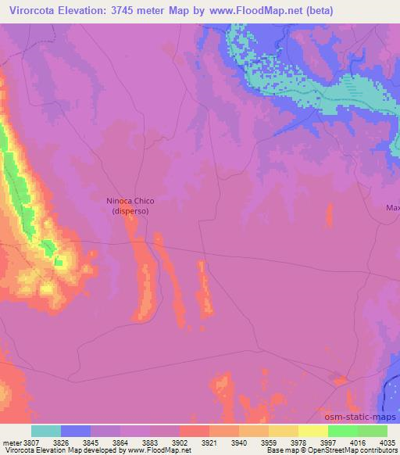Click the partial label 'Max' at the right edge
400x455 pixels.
(392, 208)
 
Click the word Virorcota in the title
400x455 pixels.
(37, 11)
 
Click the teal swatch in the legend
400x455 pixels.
(46, 431)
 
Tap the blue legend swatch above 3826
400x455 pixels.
(76, 431)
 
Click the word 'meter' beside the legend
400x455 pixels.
(11, 442)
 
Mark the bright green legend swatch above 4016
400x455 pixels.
(342, 431)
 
